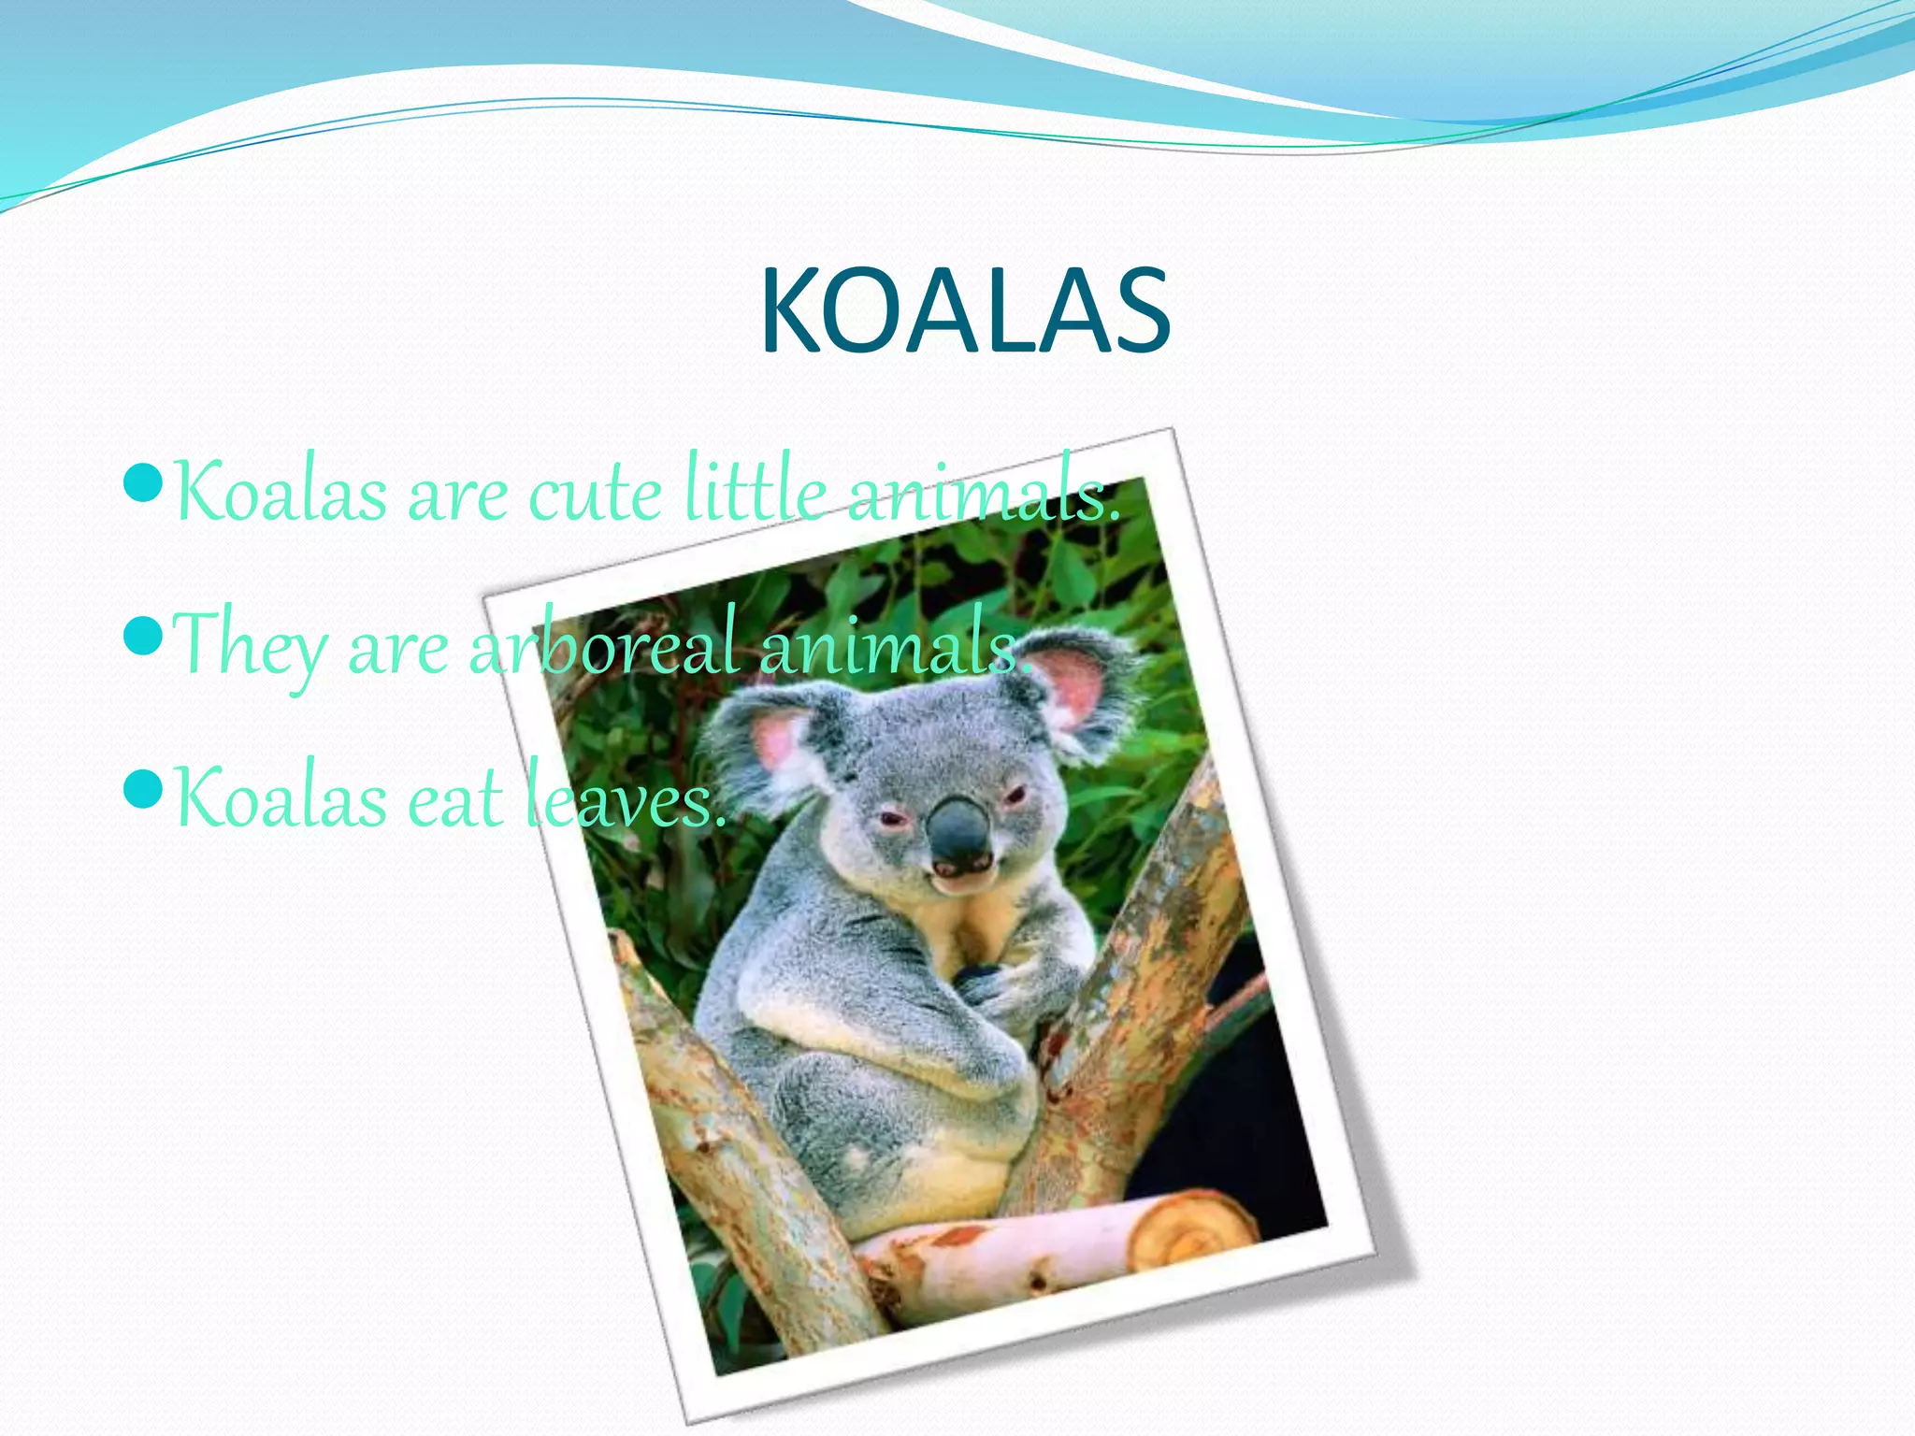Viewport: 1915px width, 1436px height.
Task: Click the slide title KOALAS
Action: [x=965, y=311]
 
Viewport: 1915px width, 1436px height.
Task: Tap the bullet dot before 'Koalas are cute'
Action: [x=144, y=484]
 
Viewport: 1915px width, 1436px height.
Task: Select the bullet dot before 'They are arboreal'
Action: [x=144, y=638]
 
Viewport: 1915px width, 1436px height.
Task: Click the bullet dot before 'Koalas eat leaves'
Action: [x=144, y=790]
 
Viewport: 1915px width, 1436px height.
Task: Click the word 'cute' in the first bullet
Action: [x=596, y=495]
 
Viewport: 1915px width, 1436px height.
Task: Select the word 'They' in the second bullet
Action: [x=250, y=645]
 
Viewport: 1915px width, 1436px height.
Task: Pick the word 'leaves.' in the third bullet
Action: [x=625, y=800]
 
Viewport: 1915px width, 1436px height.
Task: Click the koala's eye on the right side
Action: [x=1015, y=796]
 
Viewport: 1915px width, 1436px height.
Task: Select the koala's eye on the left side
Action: [x=893, y=821]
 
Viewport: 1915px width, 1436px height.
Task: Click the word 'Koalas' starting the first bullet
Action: [x=281, y=494]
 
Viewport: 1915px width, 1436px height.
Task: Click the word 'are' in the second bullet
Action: [x=397, y=649]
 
